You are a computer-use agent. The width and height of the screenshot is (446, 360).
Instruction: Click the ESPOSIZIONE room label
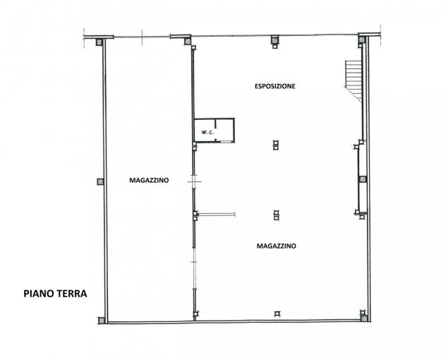tap(275, 86)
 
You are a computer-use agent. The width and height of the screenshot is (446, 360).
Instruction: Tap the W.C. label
tap(207, 132)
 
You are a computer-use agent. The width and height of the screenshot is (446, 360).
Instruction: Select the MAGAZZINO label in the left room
tap(149, 181)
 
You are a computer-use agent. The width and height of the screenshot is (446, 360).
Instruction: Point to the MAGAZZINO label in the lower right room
tap(276, 246)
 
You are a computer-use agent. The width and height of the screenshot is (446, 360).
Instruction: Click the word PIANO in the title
tap(35, 294)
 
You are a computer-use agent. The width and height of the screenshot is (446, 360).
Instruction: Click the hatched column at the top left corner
tap(99, 42)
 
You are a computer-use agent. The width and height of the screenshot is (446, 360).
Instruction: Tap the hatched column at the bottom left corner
tap(102, 320)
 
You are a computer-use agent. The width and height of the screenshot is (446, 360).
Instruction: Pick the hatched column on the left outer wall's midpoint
tap(100, 181)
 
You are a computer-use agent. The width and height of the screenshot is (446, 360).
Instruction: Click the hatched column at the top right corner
tap(361, 40)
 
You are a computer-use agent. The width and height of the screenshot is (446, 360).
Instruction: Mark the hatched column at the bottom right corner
tap(364, 318)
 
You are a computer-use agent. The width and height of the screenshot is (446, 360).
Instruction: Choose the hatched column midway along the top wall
tap(275, 40)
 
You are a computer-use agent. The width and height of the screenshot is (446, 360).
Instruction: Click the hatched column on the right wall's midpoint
tap(363, 179)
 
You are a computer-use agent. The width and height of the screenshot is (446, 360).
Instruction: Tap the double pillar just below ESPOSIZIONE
tap(276, 145)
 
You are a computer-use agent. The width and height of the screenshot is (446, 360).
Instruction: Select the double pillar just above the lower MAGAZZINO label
tap(276, 215)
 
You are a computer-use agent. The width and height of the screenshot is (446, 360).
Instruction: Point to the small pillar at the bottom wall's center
tap(277, 314)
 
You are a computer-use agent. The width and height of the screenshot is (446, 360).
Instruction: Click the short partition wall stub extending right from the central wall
tap(217, 215)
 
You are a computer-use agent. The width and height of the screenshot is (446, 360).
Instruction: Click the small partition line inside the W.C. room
tap(216, 124)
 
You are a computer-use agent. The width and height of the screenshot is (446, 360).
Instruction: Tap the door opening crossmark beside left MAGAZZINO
tap(194, 181)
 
